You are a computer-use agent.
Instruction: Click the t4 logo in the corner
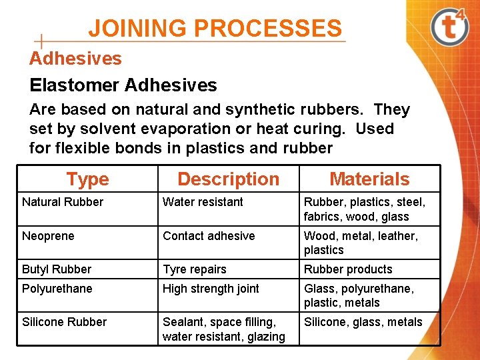[453, 27]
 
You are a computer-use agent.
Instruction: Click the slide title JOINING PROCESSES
[215, 29]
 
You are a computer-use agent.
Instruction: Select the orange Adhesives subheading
[75, 59]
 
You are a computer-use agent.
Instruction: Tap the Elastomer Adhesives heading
[123, 85]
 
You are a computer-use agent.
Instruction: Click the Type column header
[87, 179]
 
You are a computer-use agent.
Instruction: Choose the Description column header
[228, 179]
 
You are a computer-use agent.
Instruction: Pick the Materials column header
[369, 179]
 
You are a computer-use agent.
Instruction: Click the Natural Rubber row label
[63, 202]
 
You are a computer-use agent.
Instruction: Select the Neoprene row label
[48, 236]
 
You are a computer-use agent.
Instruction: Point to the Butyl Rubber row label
[57, 269]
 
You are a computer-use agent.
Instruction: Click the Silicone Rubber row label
[64, 322]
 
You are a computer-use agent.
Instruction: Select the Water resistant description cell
[203, 202]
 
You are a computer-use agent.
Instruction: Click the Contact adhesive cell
[209, 236]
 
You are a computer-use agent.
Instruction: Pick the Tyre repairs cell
[195, 269]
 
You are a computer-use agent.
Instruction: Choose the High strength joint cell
[211, 289]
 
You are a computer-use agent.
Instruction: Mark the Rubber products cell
[348, 269]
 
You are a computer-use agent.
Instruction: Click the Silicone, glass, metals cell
[363, 322]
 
